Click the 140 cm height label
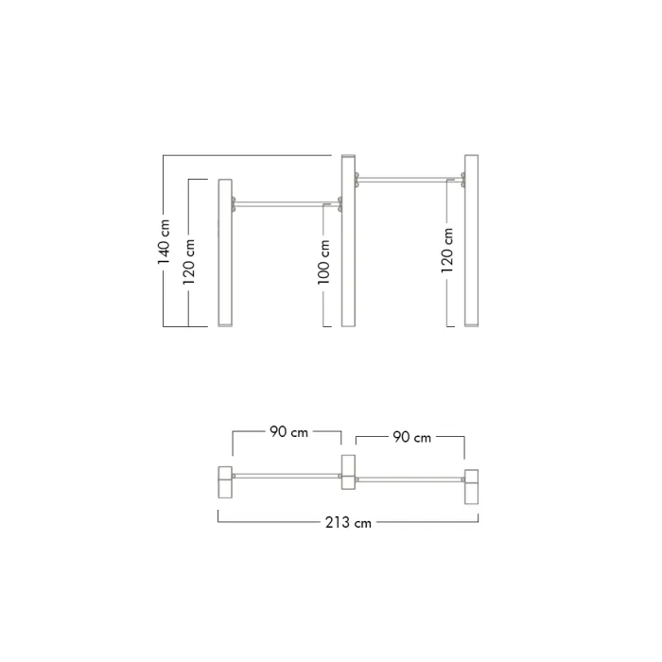(164, 242)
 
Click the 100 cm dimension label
(323, 262)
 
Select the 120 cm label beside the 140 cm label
(188, 262)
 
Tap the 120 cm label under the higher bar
(446, 251)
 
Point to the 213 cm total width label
(348, 523)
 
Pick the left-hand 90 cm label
(288, 432)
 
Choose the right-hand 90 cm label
(412, 437)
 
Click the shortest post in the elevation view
(225, 253)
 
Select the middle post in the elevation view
(348, 240)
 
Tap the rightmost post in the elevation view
(472, 240)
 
